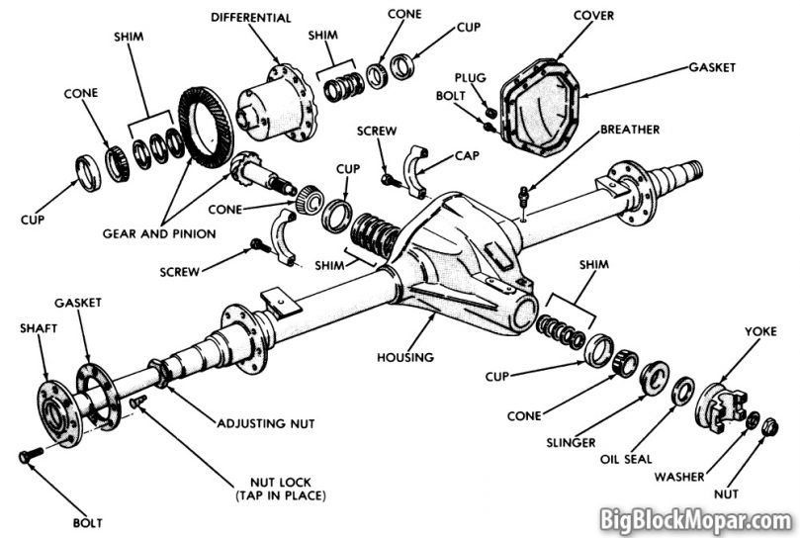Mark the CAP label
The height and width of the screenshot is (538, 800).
(x=468, y=155)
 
